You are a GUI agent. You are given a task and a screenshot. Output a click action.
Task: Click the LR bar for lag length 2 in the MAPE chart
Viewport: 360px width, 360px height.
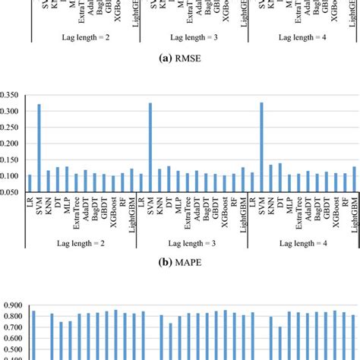pyautogui.click(x=30, y=183)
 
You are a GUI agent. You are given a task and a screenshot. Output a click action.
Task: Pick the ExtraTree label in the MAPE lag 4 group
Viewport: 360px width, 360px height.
pyautogui.click(x=298, y=213)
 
